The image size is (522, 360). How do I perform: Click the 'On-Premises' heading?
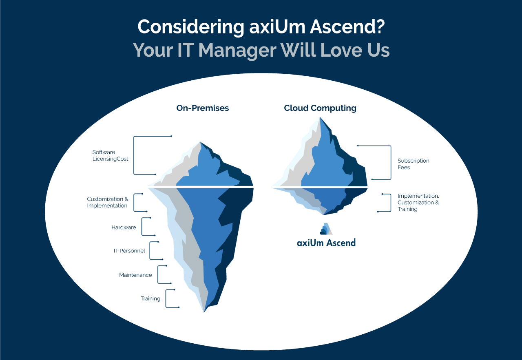(x=203, y=108)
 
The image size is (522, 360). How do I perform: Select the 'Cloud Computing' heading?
(x=320, y=108)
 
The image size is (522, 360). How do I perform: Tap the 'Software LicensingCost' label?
(x=110, y=155)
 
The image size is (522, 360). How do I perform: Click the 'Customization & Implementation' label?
(x=107, y=202)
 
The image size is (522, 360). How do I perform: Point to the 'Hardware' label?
(x=124, y=227)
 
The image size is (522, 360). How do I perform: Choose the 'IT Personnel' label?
(x=129, y=251)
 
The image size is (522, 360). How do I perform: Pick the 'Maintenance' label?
(x=135, y=275)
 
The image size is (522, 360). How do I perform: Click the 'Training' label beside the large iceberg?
(x=150, y=299)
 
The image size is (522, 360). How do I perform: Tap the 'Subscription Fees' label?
(x=413, y=164)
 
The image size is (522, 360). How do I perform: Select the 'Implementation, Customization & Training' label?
(x=418, y=203)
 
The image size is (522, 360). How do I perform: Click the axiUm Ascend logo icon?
(x=326, y=229)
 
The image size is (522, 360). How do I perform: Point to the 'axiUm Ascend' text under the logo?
(x=326, y=243)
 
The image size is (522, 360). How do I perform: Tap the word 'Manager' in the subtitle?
(x=237, y=51)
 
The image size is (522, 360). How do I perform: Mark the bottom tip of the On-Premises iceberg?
(x=204, y=312)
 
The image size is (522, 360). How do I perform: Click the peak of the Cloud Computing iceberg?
(x=320, y=117)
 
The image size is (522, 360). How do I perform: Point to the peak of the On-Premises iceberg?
(x=200, y=142)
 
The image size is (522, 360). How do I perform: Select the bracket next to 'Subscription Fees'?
(x=391, y=163)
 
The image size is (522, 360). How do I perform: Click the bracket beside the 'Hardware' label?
(x=142, y=227)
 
